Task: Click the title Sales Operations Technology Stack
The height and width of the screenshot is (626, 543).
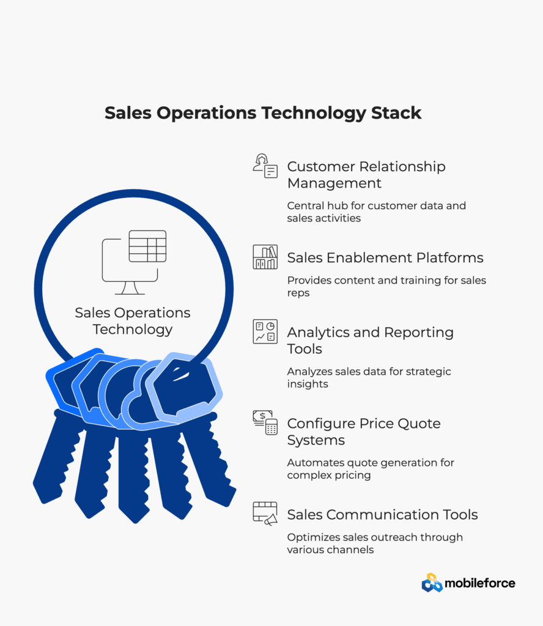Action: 263,113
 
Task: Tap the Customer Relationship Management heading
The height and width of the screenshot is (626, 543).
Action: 366,174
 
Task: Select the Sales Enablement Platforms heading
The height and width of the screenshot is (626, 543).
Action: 385,258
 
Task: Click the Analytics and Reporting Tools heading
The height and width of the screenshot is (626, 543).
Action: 370,341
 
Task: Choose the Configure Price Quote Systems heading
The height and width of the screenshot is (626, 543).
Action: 364,432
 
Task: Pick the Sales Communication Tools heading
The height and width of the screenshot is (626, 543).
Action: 383,515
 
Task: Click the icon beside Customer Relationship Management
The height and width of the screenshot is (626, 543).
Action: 265,166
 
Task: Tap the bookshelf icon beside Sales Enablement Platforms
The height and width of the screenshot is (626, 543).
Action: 265,257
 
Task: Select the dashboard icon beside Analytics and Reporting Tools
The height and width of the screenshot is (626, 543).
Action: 265,331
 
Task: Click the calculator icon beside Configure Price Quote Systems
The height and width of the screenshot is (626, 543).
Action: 265,422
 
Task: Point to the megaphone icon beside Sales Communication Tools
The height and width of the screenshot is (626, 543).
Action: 265,514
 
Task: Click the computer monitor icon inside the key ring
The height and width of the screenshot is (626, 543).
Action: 134,262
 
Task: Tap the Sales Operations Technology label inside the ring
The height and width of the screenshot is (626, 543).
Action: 133,321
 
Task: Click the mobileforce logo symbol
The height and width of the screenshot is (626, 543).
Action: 432,583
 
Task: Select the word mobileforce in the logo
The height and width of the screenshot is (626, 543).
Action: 480,583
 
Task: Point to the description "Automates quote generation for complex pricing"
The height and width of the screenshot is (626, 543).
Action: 371,469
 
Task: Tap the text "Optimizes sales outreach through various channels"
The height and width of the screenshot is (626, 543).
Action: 375,543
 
